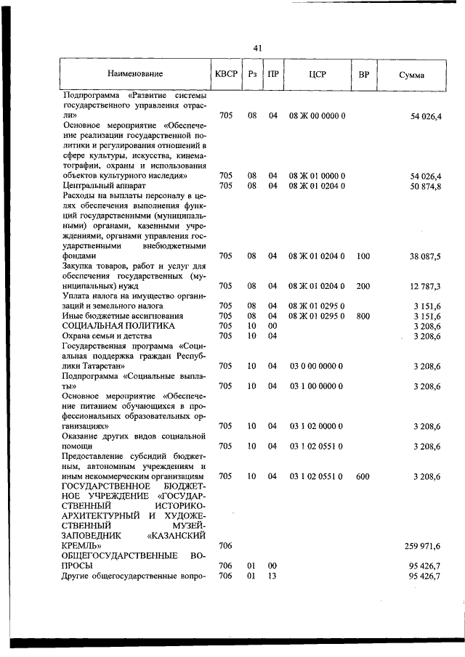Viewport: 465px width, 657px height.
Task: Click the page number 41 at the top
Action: tap(257, 48)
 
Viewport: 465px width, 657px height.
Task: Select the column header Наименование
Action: tap(135, 73)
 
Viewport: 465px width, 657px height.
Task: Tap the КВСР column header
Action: tap(225, 73)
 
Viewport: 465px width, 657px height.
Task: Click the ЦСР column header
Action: tap(318, 73)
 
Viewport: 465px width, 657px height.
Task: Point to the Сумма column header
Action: tap(412, 75)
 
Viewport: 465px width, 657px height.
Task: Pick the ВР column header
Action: tap(364, 73)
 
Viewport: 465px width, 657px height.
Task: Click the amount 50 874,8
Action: tap(426, 186)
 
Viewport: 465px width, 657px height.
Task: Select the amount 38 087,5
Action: tap(426, 256)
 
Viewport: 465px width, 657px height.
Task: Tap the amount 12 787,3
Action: tap(426, 285)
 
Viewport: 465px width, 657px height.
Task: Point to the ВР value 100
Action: tap(364, 256)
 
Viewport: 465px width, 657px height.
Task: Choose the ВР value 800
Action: tap(364, 316)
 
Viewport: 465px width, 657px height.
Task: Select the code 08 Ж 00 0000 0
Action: tap(317, 115)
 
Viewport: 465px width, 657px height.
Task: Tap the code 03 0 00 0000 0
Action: tap(317, 365)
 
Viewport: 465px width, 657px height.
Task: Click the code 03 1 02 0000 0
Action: tap(317, 425)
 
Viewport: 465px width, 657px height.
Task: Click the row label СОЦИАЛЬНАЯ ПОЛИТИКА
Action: tap(110, 326)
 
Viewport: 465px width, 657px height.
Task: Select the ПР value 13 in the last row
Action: tap(272, 576)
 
